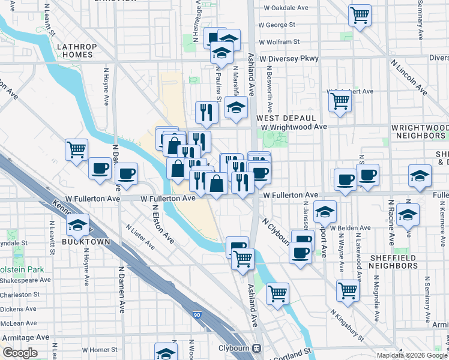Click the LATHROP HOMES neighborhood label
pos(75,50)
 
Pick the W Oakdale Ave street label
pos(286,8)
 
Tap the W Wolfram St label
pos(279,42)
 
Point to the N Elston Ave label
pos(162,224)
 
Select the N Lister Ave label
pos(140,236)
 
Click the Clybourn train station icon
pos(258,347)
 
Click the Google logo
pos(20,352)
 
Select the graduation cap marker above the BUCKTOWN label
pos(78,224)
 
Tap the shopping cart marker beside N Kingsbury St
pos(348,290)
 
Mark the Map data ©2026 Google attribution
pos(412,355)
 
